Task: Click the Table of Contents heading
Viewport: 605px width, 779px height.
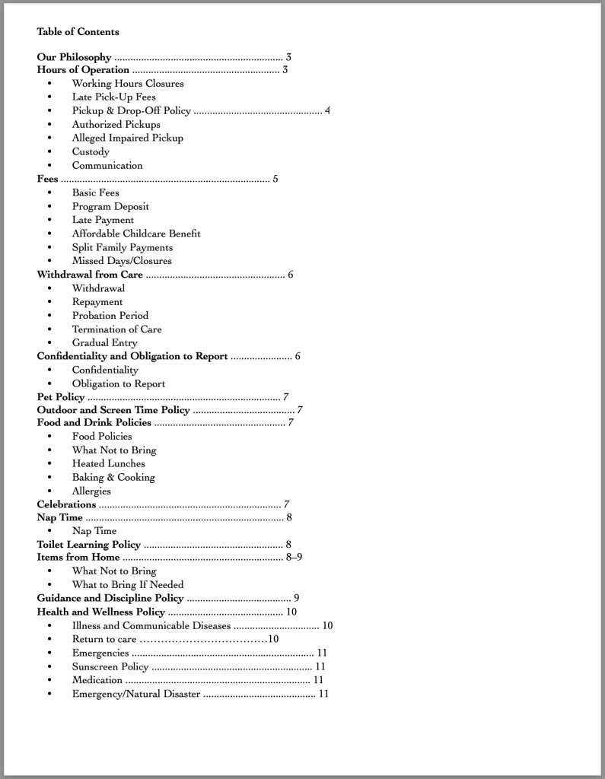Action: point(78,32)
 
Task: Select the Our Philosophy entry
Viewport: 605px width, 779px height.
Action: point(75,57)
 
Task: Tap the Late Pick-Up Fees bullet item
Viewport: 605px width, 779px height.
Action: point(113,97)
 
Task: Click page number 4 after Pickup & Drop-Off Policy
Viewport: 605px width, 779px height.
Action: point(327,110)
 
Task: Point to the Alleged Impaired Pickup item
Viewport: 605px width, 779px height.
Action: point(127,138)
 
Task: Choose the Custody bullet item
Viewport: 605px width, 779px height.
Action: point(91,151)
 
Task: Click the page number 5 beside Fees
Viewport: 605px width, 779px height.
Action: point(275,179)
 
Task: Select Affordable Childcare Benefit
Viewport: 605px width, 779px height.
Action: point(136,234)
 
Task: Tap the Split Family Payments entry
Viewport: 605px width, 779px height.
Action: point(122,247)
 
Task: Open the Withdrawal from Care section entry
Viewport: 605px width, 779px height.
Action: point(90,275)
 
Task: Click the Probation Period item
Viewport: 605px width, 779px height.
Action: point(110,316)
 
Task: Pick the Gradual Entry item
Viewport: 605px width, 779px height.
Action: point(104,343)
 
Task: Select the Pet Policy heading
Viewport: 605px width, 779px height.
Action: point(61,397)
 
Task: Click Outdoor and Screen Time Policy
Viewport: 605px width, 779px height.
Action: point(113,410)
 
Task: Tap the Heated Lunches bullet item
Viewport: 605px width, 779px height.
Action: point(108,463)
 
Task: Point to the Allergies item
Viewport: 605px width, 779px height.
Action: point(91,491)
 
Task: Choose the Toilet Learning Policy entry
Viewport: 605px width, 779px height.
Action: point(89,545)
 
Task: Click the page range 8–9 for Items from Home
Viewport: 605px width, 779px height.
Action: point(295,558)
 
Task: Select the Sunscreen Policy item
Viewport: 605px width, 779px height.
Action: point(110,666)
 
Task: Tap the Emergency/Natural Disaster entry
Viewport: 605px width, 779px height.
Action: point(136,694)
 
